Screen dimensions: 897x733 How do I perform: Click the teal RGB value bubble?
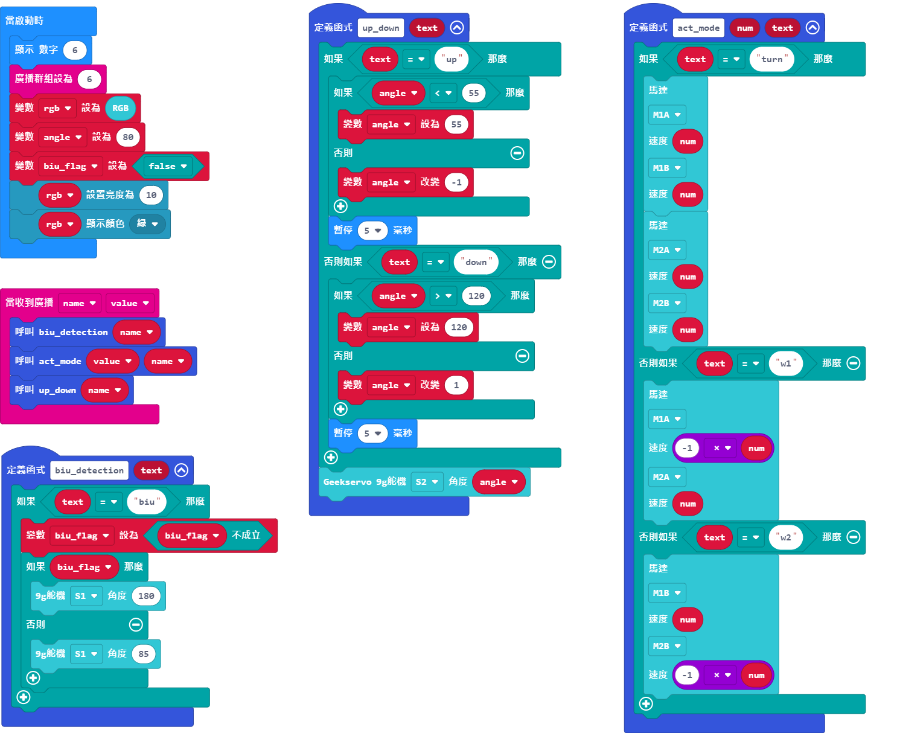click(120, 108)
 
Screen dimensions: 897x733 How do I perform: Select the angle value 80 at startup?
click(127, 137)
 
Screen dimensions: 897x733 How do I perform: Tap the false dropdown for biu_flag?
click(168, 166)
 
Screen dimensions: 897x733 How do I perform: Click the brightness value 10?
click(151, 195)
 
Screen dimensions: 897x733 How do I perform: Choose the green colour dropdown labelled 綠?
click(147, 224)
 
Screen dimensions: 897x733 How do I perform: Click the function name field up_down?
click(381, 28)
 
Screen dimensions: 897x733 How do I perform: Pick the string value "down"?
click(476, 262)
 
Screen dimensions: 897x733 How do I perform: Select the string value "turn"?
click(771, 59)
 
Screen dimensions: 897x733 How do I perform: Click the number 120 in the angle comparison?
click(476, 296)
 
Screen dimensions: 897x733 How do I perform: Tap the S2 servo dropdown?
click(427, 482)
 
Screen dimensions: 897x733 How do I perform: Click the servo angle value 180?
click(146, 596)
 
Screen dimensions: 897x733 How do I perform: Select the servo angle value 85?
click(143, 654)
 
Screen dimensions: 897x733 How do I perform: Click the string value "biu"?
click(146, 502)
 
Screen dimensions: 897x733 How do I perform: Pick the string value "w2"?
click(785, 537)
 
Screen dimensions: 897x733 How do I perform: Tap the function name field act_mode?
click(698, 28)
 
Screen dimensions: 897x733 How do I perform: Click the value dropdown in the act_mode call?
click(112, 361)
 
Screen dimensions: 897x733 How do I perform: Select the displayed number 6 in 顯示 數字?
click(75, 50)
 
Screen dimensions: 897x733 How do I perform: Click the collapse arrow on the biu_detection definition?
click(181, 470)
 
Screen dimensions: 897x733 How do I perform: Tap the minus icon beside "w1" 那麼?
click(853, 363)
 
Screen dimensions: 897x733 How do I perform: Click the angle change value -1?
click(456, 182)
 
